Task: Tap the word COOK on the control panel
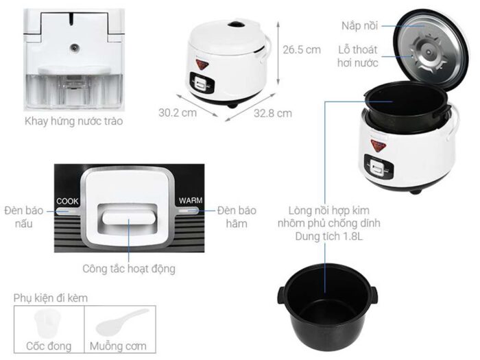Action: pos(68,201)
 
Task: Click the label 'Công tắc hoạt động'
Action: pos(128,269)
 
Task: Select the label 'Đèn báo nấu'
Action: pos(27,215)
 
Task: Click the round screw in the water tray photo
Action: pos(73,49)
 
